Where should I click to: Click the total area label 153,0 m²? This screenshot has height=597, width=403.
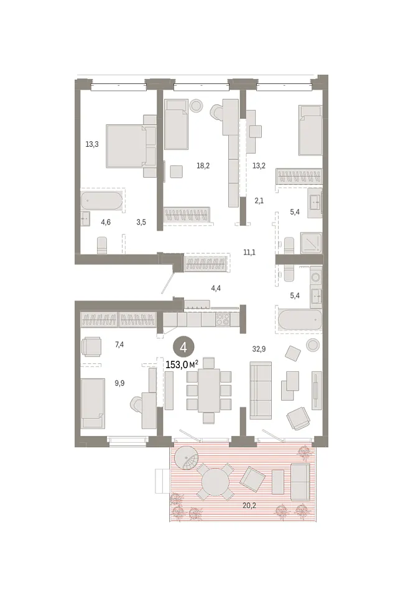click(182, 365)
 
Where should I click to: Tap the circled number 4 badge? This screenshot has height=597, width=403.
click(183, 347)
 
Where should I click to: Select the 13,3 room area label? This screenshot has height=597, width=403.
click(92, 144)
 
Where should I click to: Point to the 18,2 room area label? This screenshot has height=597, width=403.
click(203, 165)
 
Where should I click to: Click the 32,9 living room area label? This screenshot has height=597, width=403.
click(259, 349)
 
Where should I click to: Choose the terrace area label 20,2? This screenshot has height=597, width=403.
click(249, 506)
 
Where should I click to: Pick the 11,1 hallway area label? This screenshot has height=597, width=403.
click(249, 252)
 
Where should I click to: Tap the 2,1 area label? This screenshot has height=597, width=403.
click(259, 201)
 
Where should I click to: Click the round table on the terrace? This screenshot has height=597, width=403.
click(216, 481)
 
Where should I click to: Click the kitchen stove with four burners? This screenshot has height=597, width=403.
click(223, 320)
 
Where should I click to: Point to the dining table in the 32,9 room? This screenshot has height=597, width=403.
click(209, 391)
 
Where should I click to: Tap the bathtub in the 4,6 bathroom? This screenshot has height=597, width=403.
click(101, 201)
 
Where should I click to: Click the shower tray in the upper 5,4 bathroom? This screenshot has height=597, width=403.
click(311, 243)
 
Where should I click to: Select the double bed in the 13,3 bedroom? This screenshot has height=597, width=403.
click(126, 146)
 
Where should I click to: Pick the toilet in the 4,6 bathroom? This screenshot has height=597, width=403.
click(102, 246)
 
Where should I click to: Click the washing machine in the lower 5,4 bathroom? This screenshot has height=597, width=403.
click(316, 277)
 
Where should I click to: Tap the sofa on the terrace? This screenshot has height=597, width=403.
click(300, 481)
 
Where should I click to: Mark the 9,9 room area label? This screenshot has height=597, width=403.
click(119, 384)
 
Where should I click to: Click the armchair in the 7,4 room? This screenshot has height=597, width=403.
click(92, 346)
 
